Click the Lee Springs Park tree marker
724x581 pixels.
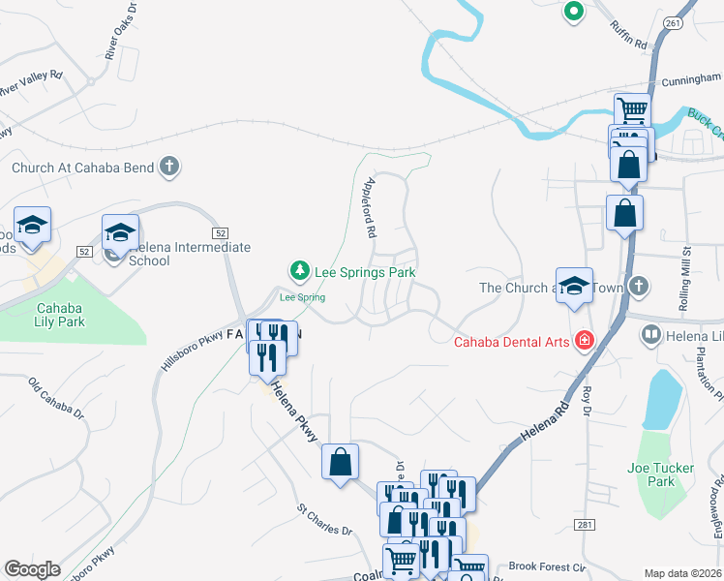300,268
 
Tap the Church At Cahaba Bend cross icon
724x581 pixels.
169,167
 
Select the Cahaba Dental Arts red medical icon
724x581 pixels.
584,340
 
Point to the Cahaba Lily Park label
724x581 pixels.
61,315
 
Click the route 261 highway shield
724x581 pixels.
673,22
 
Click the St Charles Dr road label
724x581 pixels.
325,519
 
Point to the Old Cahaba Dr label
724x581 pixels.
57,396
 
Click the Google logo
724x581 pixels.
32,568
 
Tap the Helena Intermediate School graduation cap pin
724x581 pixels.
121,232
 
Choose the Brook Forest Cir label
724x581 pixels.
548,566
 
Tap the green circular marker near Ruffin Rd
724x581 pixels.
573,13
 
